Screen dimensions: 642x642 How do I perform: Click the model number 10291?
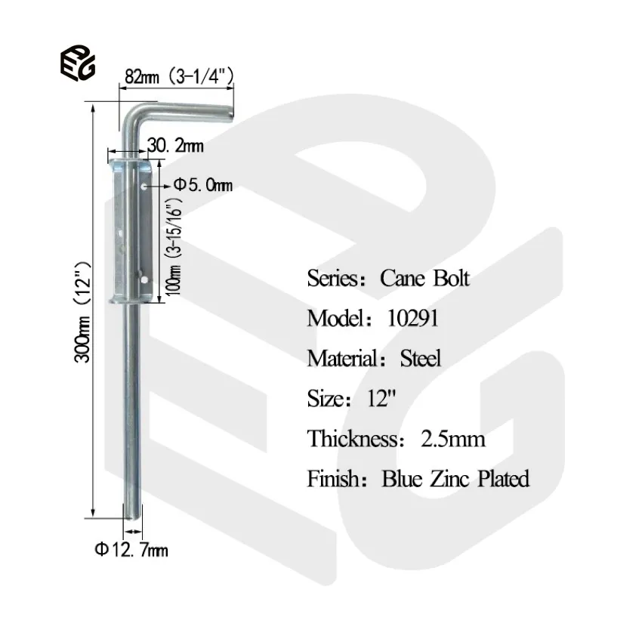[412, 318]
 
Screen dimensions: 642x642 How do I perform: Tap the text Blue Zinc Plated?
[455, 478]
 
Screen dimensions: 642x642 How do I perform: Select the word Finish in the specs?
[331, 478]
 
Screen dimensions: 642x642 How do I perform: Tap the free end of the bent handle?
[227, 109]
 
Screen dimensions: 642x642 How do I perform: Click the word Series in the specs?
[331, 278]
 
